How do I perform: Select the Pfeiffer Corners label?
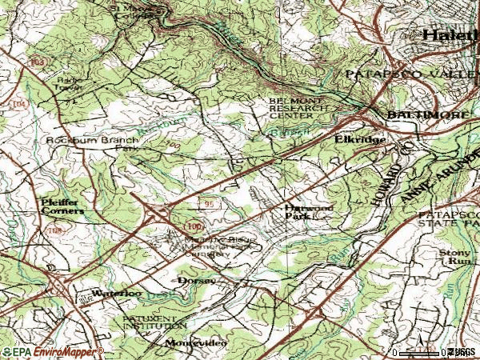tap(62, 206)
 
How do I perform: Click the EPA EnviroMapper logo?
tap(53, 351)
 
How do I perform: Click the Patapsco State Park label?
tap(448, 221)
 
